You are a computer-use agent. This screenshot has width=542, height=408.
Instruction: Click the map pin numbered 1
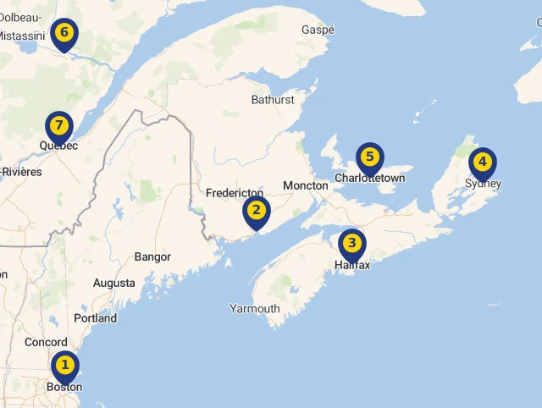(x=64, y=367)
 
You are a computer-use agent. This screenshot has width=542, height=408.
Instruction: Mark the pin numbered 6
(x=64, y=35)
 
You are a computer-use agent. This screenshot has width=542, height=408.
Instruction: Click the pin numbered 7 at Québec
(x=58, y=127)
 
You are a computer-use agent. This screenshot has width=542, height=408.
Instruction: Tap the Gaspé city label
(x=318, y=30)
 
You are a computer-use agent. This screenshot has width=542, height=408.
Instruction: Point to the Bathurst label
(x=273, y=100)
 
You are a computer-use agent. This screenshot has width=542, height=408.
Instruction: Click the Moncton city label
(x=305, y=185)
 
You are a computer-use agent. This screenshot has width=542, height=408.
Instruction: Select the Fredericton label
(x=235, y=193)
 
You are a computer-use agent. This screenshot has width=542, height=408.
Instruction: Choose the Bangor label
(x=152, y=256)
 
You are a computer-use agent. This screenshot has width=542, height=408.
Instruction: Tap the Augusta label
(x=113, y=283)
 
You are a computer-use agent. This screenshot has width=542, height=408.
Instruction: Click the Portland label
(x=95, y=318)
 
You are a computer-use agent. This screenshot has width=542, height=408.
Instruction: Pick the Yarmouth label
(x=255, y=308)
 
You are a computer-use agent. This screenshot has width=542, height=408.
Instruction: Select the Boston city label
(x=64, y=387)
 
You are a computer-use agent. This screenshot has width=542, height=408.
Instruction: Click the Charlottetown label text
(x=370, y=179)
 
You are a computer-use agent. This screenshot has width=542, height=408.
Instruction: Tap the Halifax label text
(x=352, y=265)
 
